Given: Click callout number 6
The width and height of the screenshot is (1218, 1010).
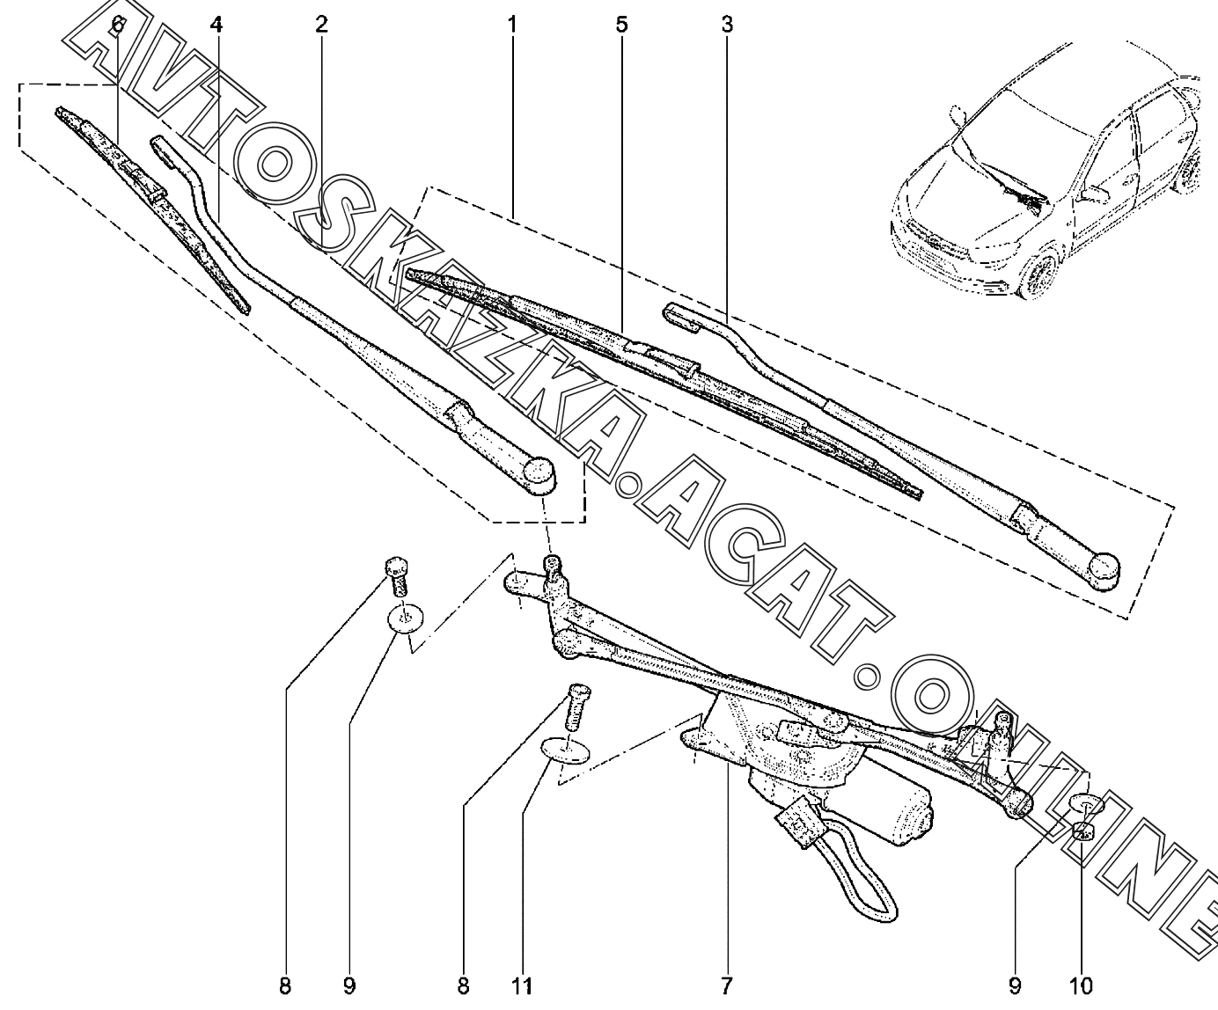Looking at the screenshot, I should [117, 25].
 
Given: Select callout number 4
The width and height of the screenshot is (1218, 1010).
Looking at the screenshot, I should [216, 25].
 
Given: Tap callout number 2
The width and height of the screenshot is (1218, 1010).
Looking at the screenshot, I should [321, 25].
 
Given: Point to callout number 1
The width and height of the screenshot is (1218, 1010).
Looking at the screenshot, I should [510, 25].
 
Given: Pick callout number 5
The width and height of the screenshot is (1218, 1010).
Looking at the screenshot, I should [621, 25].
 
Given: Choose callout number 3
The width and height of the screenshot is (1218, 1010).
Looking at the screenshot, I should [726, 25].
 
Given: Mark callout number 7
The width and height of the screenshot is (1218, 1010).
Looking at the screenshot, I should [726, 986].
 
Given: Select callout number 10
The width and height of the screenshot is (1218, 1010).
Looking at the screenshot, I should [1082, 986].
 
